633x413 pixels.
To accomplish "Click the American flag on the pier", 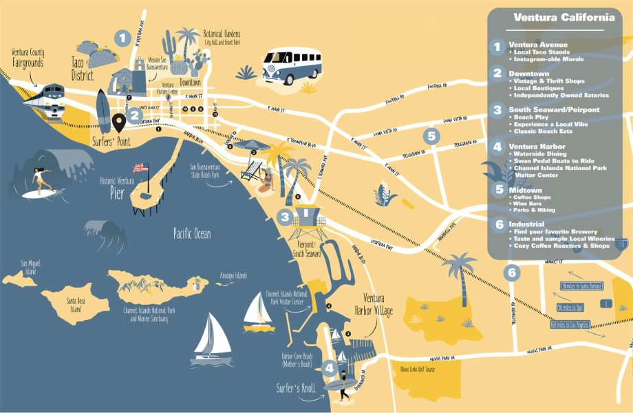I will [x=141, y=167].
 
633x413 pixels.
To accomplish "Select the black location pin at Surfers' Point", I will [x=119, y=123].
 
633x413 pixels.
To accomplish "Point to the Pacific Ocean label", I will [x=192, y=234].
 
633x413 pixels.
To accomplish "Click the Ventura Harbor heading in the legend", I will [x=537, y=147].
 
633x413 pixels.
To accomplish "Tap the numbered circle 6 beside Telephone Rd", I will [x=511, y=273].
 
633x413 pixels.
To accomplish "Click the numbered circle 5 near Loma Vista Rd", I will [x=431, y=136].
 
